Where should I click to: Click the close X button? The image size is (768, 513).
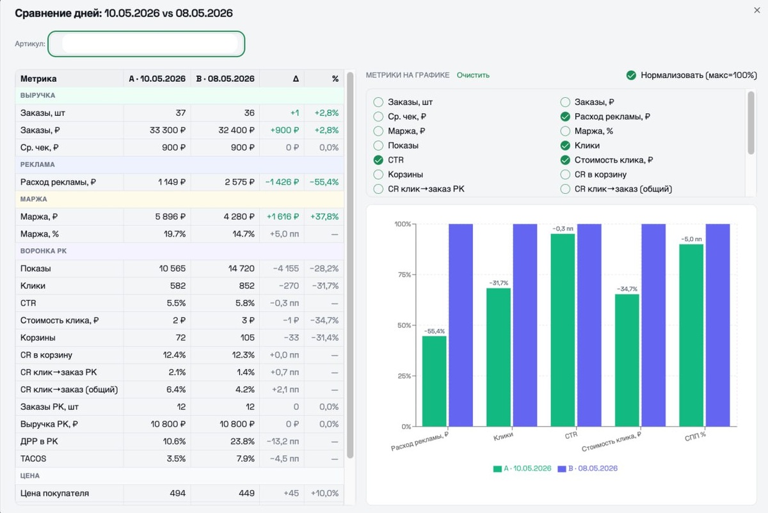pyautogui.click(x=756, y=10)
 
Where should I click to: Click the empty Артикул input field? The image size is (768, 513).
pyautogui.click(x=147, y=44)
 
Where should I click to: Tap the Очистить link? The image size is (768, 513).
pyautogui.click(x=473, y=75)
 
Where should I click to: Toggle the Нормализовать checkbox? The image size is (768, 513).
pyautogui.click(x=631, y=75)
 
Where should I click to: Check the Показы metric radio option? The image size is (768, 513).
pyautogui.click(x=378, y=146)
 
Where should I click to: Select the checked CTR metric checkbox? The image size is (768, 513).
pyautogui.click(x=378, y=160)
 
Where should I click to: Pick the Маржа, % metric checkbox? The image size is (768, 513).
pyautogui.click(x=565, y=131)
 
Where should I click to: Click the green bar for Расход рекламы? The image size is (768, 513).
pyautogui.click(x=434, y=381)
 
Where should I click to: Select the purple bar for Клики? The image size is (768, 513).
pyautogui.click(x=525, y=325)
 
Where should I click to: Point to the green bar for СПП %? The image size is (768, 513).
pyautogui.click(x=691, y=335)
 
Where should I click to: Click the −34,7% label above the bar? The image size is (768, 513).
pyautogui.click(x=627, y=289)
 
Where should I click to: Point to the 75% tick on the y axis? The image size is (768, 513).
pyautogui.click(x=404, y=274)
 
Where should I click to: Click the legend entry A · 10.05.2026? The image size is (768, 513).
pyautogui.click(x=522, y=468)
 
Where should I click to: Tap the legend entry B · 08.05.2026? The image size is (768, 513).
pyautogui.click(x=588, y=468)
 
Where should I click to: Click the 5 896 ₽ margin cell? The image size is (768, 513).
pyautogui.click(x=170, y=217)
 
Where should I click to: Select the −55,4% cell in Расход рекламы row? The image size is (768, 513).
pyautogui.click(x=324, y=182)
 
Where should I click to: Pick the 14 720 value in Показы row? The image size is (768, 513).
pyautogui.click(x=241, y=268)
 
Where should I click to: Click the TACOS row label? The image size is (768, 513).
pyautogui.click(x=33, y=459)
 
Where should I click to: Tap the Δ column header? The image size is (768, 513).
pyautogui.click(x=296, y=79)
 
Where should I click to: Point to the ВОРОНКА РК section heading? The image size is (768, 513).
pyautogui.click(x=44, y=251)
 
